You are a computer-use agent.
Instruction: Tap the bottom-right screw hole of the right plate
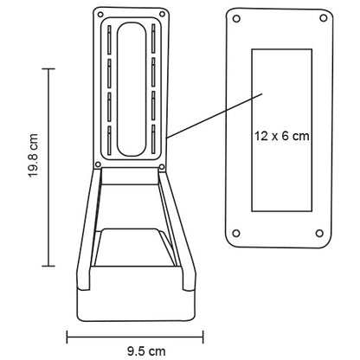tap(321, 233)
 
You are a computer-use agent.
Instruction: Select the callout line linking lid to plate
tap(208, 111)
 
